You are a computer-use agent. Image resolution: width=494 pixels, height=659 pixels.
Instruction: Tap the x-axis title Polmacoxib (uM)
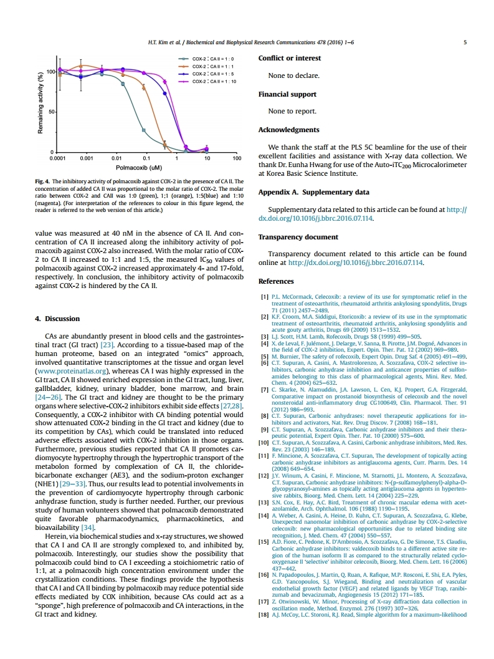tap(138, 168)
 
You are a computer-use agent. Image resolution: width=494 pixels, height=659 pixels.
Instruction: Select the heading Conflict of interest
tap(290, 59)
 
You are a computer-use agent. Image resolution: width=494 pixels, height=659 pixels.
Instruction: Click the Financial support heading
tap(287, 95)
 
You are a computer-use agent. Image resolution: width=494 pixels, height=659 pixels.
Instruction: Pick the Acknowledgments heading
tap(288, 130)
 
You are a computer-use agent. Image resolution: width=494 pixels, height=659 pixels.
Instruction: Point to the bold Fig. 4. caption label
tap(44, 181)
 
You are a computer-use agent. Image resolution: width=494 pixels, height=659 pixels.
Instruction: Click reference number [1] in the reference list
tap(264, 297)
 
